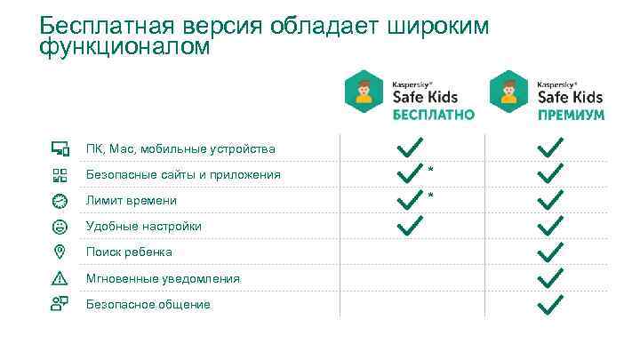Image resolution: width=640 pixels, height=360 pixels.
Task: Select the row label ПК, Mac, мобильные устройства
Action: [180, 148]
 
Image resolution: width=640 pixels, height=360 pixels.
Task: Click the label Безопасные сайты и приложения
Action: [183, 174]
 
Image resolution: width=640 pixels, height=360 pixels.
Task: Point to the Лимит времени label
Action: [131, 201]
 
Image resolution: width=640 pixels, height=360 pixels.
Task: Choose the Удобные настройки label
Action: [143, 227]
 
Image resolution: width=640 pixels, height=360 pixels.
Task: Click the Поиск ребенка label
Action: [129, 252]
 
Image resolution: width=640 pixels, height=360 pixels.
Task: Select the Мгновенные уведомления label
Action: [163, 278]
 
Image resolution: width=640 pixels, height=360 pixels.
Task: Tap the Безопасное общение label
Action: [148, 304]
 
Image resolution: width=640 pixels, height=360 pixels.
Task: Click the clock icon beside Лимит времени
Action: [60, 200]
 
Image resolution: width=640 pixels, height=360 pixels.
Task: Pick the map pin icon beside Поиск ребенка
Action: [60, 252]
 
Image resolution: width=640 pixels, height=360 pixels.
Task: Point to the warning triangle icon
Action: [60, 278]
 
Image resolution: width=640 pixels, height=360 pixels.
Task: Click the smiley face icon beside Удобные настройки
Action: [60, 227]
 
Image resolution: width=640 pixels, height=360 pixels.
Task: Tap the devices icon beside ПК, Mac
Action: [60, 148]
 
